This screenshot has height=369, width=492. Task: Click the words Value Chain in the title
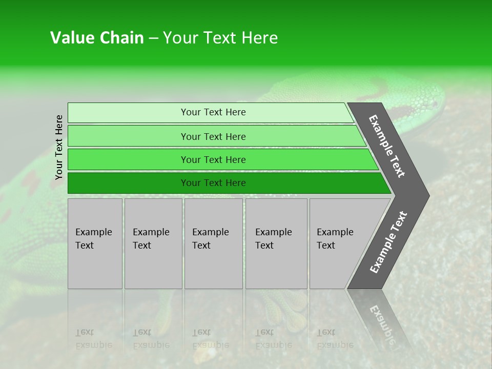pos(97,38)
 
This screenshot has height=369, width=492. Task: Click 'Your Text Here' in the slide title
pos(220,38)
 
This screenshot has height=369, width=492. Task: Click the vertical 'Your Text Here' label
pos(59,148)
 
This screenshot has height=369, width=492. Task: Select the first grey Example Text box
pos(95,243)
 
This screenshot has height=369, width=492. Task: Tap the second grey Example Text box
pos(153,243)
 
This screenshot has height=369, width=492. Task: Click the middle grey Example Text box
pos(213,243)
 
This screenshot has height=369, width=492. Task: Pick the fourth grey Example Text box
pos(276,243)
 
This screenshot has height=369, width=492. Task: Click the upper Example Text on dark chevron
pos(387,146)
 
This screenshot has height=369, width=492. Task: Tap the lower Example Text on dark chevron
pos(388,242)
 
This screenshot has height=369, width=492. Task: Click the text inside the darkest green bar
pos(213,183)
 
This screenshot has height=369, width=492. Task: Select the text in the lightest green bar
pos(213,112)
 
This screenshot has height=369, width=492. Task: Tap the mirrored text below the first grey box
pos(93,338)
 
